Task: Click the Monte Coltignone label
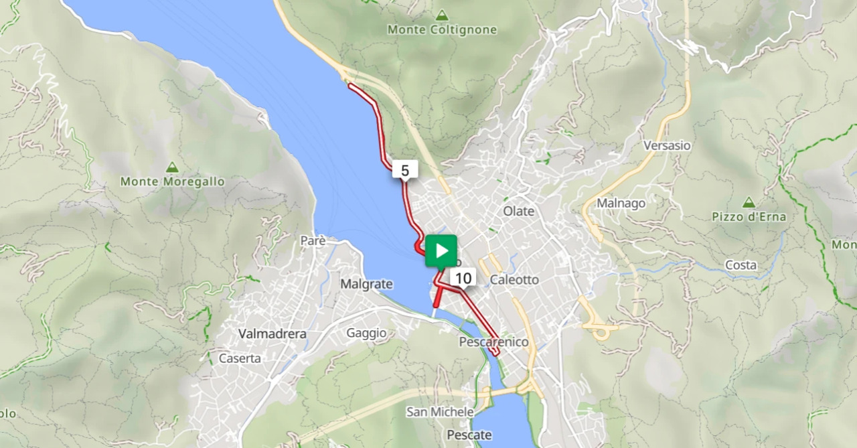pyautogui.click(x=442, y=30)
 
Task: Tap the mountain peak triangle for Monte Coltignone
pyautogui.click(x=442, y=15)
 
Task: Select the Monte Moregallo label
pyautogui.click(x=172, y=181)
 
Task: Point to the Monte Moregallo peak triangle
pyautogui.click(x=172, y=167)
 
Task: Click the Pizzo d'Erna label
pyautogui.click(x=749, y=217)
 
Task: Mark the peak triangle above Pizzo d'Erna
pyautogui.click(x=749, y=202)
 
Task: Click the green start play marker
pyautogui.click(x=441, y=251)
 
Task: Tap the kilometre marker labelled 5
pyautogui.click(x=405, y=171)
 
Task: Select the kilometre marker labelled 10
pyautogui.click(x=463, y=278)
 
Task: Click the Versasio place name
pyautogui.click(x=666, y=145)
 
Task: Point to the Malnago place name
pyautogui.click(x=621, y=204)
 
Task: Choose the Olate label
pyautogui.click(x=519, y=212)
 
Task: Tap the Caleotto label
pyautogui.click(x=514, y=280)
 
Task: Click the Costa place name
pyautogui.click(x=741, y=265)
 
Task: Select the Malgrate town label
pyautogui.click(x=366, y=284)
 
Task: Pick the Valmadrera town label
pyautogui.click(x=272, y=333)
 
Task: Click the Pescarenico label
pyautogui.click(x=493, y=342)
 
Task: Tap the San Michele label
pyautogui.click(x=440, y=412)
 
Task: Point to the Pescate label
pyautogui.click(x=469, y=435)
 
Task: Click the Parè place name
pyautogui.click(x=313, y=240)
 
